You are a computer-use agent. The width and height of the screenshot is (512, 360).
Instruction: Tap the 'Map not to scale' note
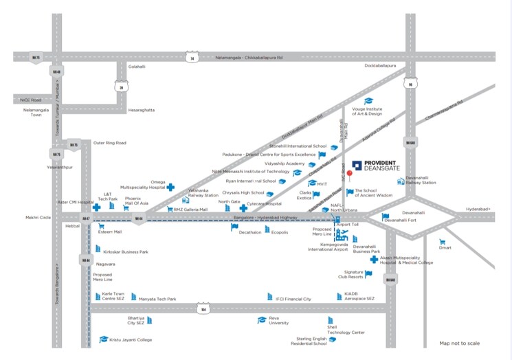460,344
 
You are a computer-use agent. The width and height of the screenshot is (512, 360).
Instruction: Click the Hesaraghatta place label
142,110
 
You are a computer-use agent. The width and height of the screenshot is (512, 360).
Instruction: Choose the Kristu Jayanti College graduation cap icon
104,339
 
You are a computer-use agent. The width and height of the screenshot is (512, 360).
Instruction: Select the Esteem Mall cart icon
101,225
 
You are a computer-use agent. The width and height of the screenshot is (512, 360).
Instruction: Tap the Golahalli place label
137,67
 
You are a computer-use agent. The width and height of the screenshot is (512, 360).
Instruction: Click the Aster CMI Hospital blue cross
96,207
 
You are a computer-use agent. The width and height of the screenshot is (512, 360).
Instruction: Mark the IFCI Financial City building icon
269,297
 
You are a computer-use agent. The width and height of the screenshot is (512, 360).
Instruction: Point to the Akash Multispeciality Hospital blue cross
373,259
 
